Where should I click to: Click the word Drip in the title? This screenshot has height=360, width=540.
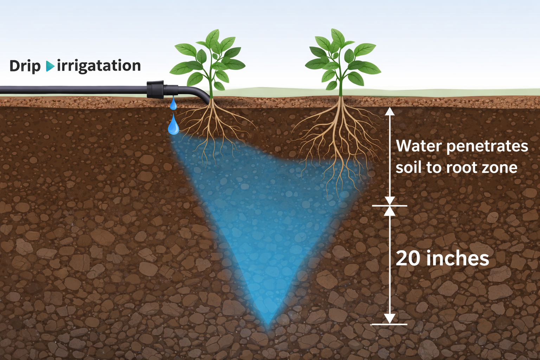point(25,66)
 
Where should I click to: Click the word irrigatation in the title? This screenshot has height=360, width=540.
point(99,66)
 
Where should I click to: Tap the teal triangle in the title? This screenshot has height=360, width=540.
point(50,66)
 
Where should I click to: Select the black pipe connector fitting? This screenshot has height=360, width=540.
point(155,89)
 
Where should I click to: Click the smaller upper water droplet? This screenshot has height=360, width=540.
point(173,104)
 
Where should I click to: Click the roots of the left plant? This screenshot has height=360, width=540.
point(214,130)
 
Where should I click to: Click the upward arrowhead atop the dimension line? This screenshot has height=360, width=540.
point(390,111)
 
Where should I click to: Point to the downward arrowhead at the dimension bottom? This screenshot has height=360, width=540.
point(390,318)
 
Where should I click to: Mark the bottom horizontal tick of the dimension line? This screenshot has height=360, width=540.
point(389,324)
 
